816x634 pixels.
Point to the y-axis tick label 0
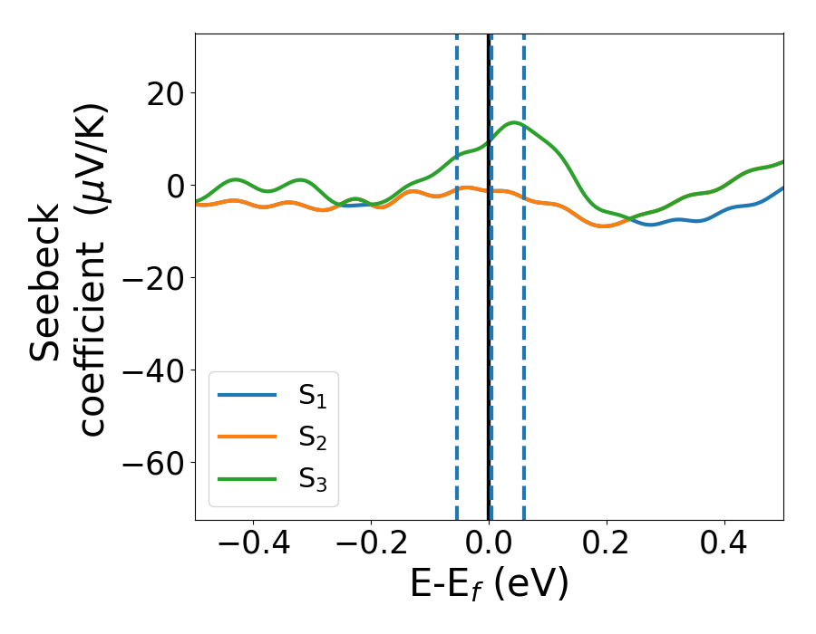[x=173, y=186]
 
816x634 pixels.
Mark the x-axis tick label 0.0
[x=489, y=544]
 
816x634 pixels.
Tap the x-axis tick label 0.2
[x=607, y=544]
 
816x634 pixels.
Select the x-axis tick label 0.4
[x=724, y=544]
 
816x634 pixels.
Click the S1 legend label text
[x=312, y=397]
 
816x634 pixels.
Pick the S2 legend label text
[x=312, y=438]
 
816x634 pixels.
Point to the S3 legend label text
[x=312, y=479]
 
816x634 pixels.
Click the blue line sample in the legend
[x=247, y=396]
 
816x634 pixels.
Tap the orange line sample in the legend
[x=247, y=437]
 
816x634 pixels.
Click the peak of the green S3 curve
[x=514, y=122]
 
